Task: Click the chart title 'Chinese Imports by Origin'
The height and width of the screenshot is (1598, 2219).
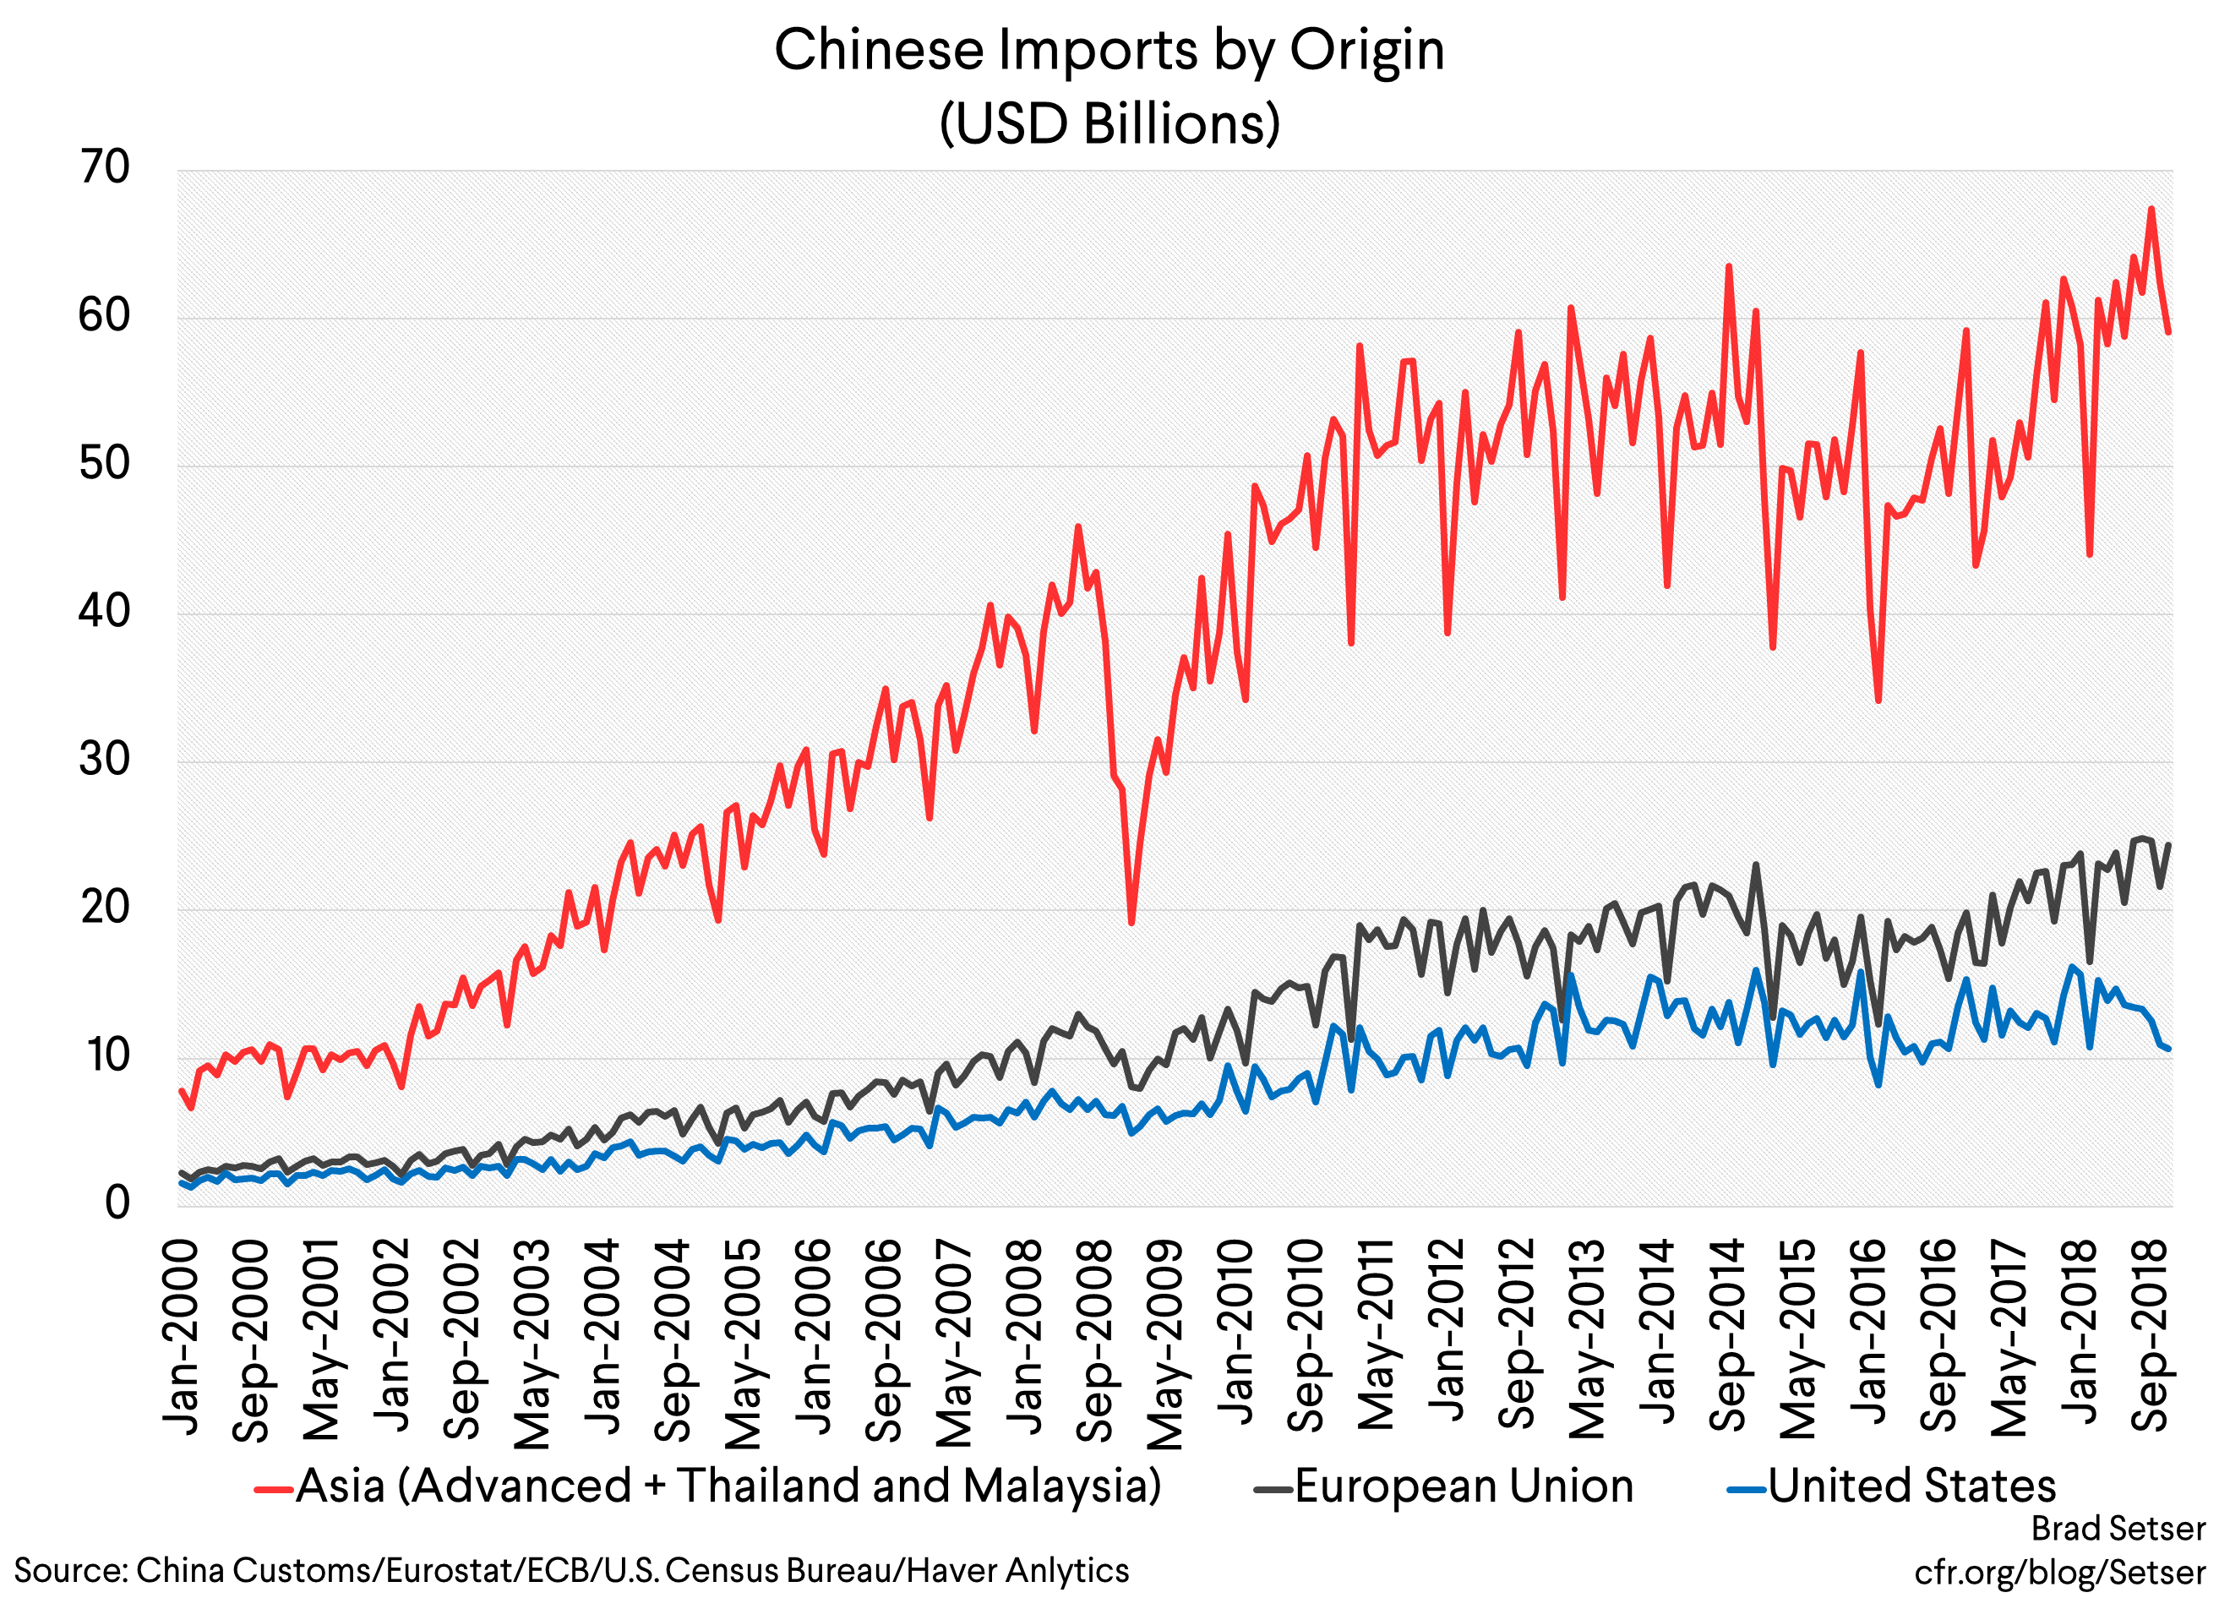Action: [x=1109, y=51]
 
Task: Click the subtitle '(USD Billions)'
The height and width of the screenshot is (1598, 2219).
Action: [x=1109, y=124]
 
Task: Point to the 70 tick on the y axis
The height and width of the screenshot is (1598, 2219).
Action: [x=105, y=168]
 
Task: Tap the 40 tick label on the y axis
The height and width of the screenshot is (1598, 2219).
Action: [x=105, y=613]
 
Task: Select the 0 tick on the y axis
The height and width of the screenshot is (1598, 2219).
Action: [x=117, y=1203]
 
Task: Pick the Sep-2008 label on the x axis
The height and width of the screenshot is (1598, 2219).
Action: [x=1095, y=1339]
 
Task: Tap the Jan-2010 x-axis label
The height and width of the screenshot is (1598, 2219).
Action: [x=1235, y=1333]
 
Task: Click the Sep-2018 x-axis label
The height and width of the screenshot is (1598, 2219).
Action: [x=2151, y=1337]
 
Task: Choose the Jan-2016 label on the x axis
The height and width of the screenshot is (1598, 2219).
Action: [x=1870, y=1333]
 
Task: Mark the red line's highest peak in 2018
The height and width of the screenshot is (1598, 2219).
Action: [x=2151, y=209]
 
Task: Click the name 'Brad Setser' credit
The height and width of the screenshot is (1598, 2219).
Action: [x=2118, y=1528]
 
